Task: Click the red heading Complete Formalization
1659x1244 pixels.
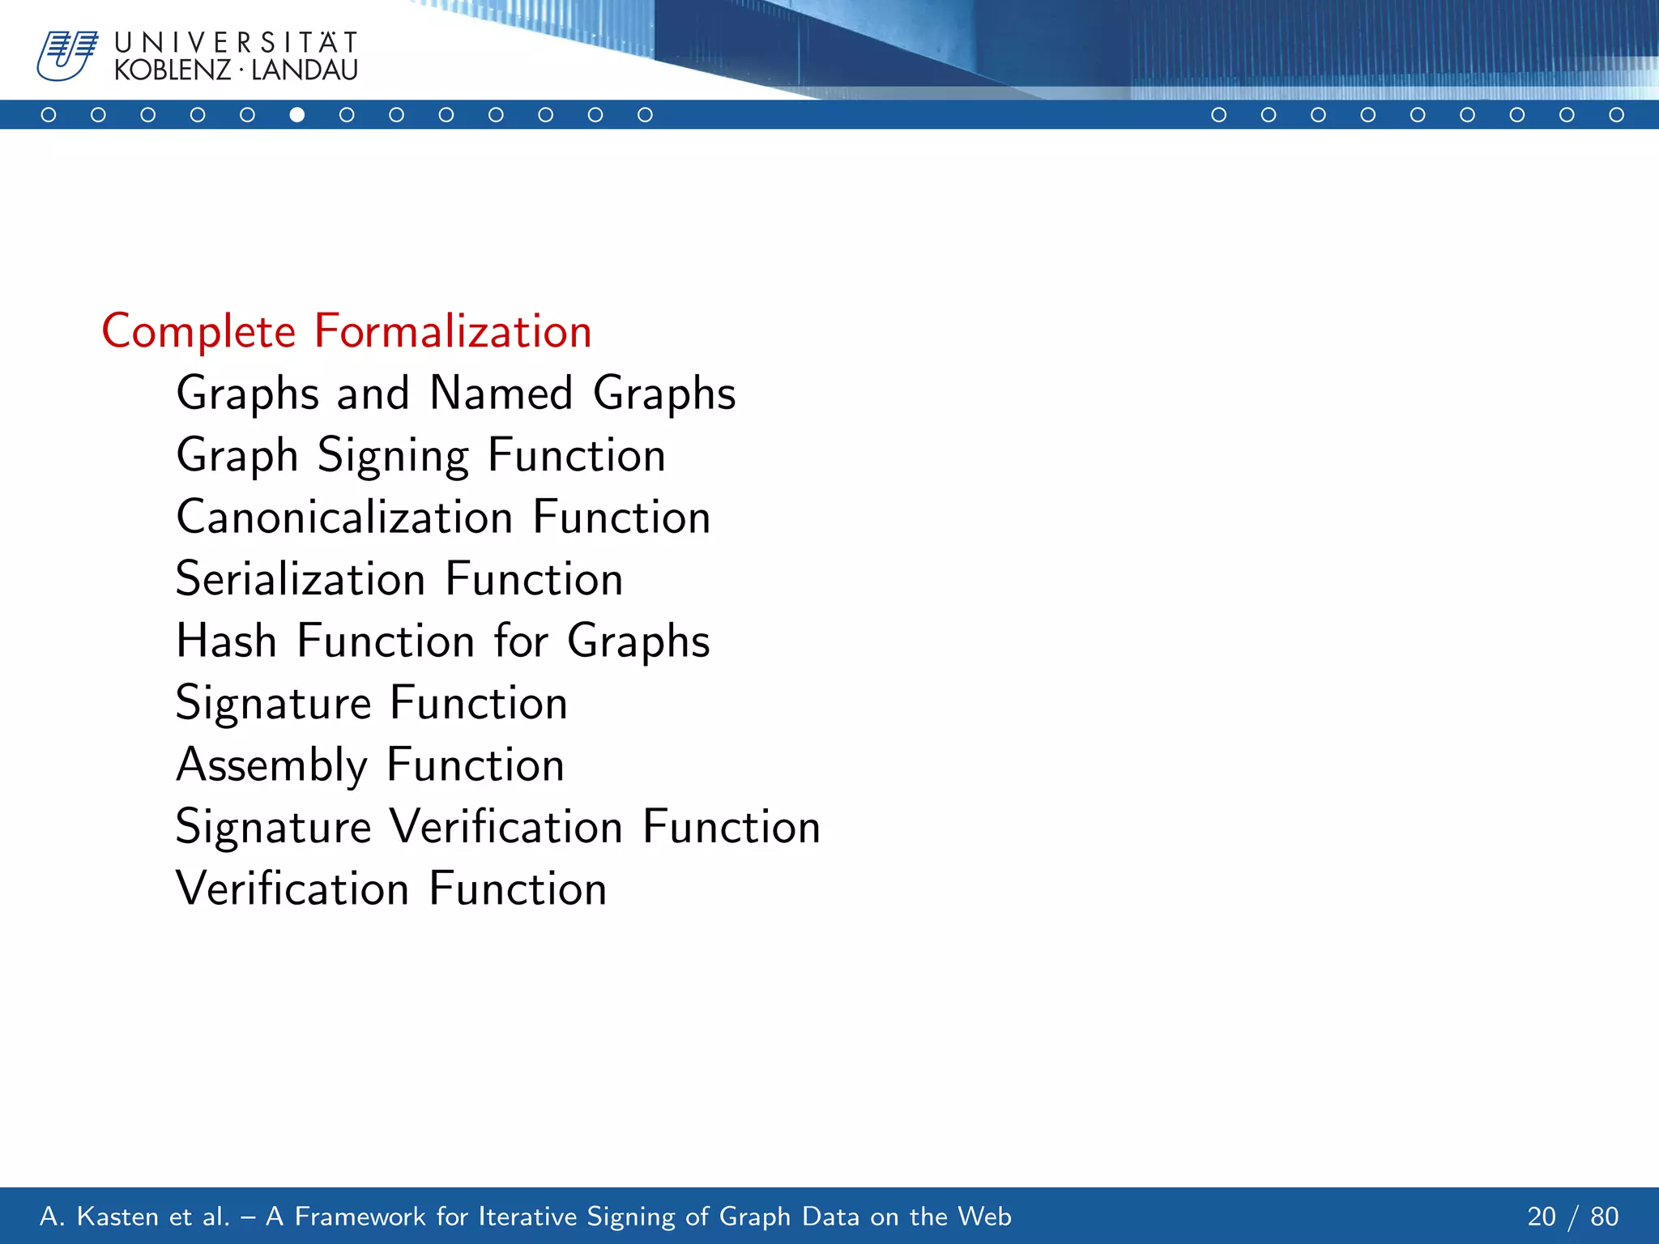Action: [347, 331]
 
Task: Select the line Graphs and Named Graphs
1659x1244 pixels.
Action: [456, 394]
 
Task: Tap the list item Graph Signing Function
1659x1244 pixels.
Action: [421, 455]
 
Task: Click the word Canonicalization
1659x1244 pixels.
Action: [345, 518]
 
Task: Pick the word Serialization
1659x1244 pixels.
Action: [301, 580]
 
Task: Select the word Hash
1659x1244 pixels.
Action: [227, 641]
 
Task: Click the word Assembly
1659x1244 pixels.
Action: [272, 765]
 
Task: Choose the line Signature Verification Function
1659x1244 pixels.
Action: [498, 827]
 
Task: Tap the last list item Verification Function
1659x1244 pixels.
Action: [391, 888]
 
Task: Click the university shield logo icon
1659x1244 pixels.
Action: [66, 55]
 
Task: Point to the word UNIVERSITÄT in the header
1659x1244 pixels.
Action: [236, 42]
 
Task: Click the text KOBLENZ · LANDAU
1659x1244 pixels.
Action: [236, 70]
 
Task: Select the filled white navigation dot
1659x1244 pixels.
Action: [297, 115]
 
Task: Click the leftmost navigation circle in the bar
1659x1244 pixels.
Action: [49, 115]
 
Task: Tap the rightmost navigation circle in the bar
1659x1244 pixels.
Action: [1616, 115]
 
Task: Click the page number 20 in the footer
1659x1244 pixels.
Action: [1542, 1216]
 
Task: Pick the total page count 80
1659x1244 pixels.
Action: [1604, 1216]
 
